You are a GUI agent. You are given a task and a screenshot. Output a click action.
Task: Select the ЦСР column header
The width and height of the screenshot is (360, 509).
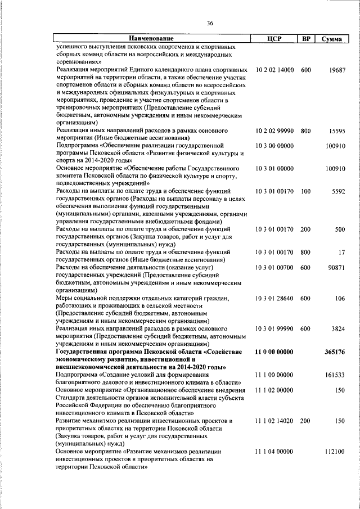click(x=273, y=39)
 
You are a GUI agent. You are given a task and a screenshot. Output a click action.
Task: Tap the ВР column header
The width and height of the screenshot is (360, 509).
click(x=306, y=39)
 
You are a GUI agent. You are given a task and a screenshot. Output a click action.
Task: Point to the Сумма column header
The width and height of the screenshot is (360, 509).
click(x=334, y=39)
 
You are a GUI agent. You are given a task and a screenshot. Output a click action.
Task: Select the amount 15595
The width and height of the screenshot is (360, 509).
click(x=337, y=132)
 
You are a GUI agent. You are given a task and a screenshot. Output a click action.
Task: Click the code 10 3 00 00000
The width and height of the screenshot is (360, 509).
click(x=274, y=147)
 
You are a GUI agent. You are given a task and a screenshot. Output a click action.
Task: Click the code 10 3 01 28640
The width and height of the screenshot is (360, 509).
click(x=274, y=298)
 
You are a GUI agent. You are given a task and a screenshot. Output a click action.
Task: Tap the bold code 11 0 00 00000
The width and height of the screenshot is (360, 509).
click(x=274, y=352)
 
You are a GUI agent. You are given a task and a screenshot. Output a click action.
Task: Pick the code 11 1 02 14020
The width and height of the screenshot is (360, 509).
click(x=274, y=421)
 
